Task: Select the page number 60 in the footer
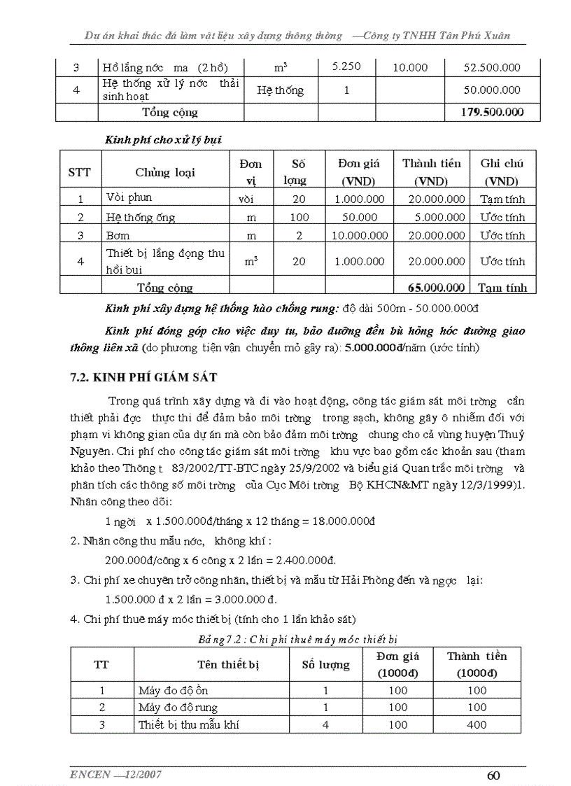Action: (x=493, y=775)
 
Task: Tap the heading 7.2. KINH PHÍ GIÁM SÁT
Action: (x=143, y=377)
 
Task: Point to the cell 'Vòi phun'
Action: (x=129, y=198)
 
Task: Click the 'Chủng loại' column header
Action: (x=166, y=172)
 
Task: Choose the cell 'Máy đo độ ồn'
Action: (x=173, y=690)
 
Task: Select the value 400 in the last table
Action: (x=477, y=724)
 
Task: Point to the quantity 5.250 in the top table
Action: (x=346, y=66)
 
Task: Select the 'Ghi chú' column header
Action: (x=502, y=163)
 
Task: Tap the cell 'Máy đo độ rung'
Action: (x=178, y=707)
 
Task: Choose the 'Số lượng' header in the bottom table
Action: (x=325, y=664)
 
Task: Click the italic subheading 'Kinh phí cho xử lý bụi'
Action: (x=163, y=139)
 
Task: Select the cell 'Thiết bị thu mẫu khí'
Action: (x=189, y=724)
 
